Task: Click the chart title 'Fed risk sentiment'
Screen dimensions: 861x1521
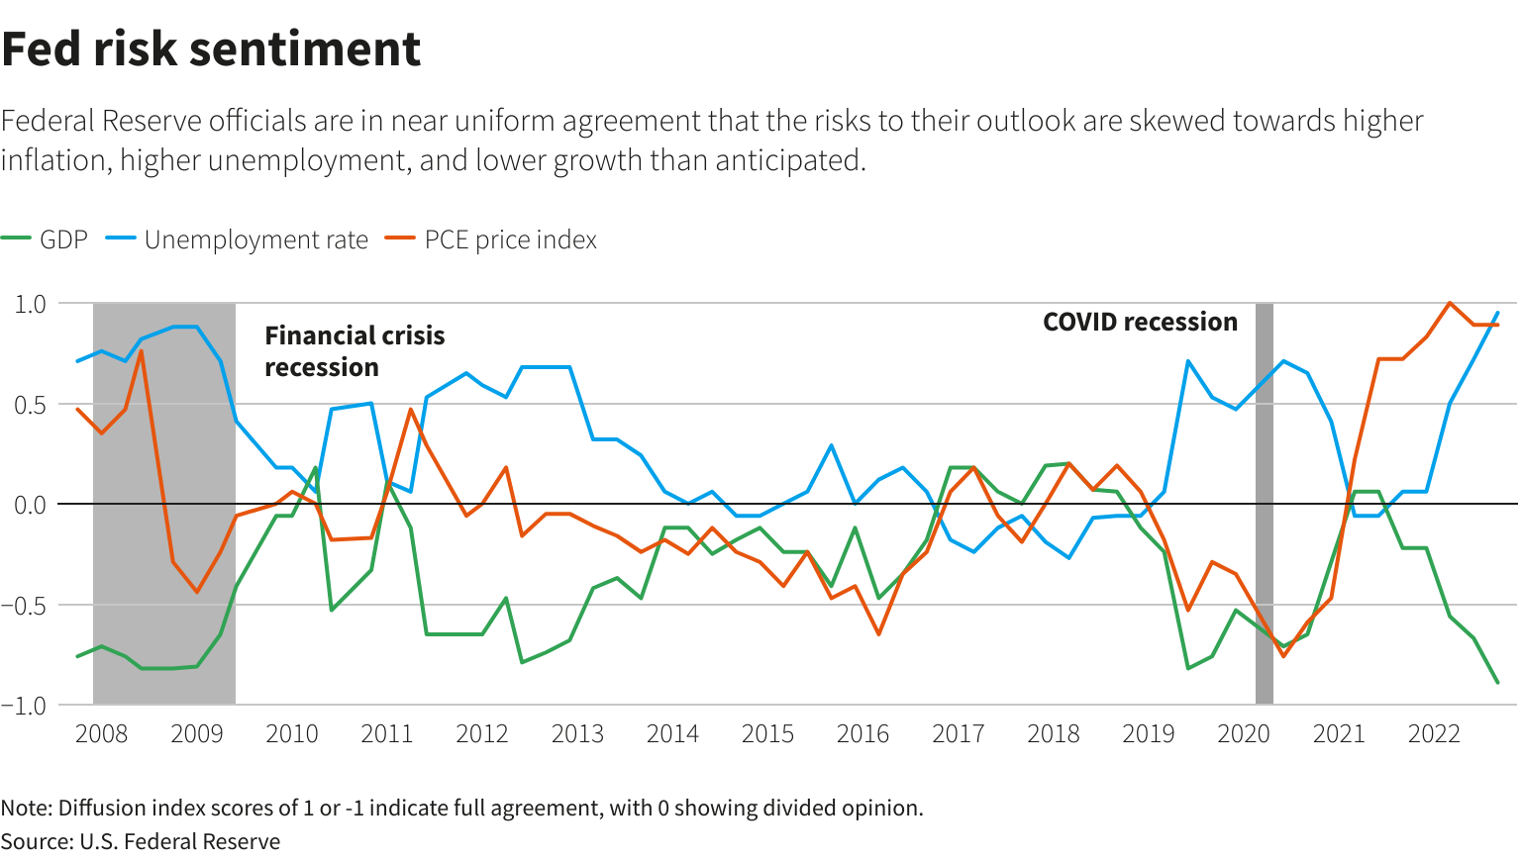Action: coord(211,49)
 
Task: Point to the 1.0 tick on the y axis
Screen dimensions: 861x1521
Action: coord(31,304)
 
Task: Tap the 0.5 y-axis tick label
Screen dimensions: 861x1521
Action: coord(31,405)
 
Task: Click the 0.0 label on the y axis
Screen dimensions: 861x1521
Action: coord(31,505)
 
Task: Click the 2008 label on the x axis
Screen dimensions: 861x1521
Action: coord(101,734)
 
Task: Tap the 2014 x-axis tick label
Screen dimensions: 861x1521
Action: coord(672,734)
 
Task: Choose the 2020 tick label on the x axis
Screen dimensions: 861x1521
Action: coord(1243,734)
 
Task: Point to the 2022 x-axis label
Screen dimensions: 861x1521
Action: coord(1434,734)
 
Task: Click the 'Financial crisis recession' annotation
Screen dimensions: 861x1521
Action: coord(355,351)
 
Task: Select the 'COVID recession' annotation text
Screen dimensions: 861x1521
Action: coord(1140,323)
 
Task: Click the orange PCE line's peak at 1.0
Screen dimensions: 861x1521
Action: coord(1450,304)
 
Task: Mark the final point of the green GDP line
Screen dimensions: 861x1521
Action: coord(1497,682)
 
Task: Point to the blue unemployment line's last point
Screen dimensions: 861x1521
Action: coord(1497,313)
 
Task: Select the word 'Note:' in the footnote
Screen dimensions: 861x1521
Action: coord(27,809)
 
